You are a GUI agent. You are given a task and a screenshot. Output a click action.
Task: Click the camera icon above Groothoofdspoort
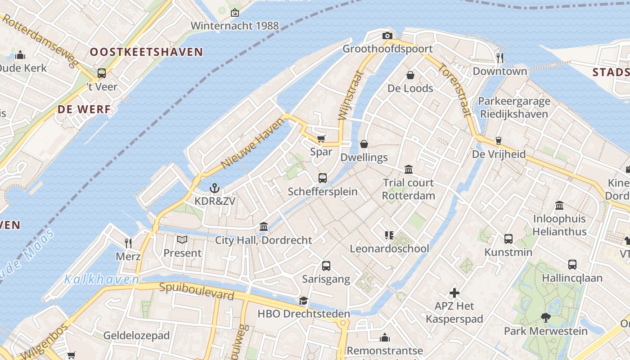coord(387,36)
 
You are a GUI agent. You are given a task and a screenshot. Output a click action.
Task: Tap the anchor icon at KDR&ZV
coord(215,188)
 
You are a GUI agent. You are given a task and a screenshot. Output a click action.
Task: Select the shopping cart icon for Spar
coord(321,139)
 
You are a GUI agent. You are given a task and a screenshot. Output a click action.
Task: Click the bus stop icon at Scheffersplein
coord(323,178)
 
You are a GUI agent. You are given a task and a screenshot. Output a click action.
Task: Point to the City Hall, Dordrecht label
coord(263,240)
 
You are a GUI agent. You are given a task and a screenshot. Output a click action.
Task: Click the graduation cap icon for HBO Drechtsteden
coord(304,301)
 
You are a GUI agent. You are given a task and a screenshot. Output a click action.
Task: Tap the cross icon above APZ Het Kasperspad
coord(454,293)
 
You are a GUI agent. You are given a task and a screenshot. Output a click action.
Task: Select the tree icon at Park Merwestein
coord(546,318)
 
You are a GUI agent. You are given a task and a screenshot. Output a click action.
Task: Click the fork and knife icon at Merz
coord(128,243)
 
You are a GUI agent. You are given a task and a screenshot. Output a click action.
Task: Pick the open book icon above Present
coord(182,240)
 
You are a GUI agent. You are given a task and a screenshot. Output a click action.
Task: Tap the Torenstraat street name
coord(454,90)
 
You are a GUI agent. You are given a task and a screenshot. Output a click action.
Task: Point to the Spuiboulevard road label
coord(197,291)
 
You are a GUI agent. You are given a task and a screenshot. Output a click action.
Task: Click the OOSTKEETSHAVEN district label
coord(146,52)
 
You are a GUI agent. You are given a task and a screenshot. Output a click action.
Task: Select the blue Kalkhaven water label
coord(101,279)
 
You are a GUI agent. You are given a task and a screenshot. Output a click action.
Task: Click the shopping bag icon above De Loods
coord(410,75)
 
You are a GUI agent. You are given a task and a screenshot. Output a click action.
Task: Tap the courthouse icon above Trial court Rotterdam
coord(409,170)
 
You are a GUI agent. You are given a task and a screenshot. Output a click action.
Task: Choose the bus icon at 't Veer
coord(102,73)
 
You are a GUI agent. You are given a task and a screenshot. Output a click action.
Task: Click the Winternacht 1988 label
coord(234,26)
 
